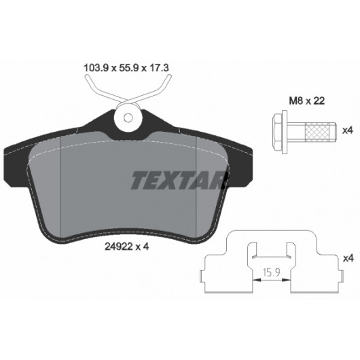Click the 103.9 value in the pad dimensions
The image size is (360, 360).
[x=96, y=68]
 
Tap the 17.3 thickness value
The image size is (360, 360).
[x=159, y=68]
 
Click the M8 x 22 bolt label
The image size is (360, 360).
[x=307, y=101]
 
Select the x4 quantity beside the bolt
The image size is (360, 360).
[x=347, y=130]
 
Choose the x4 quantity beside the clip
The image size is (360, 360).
[x=348, y=259]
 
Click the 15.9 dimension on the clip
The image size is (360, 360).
[x=272, y=272]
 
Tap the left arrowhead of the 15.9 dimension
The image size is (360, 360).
[x=257, y=280]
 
